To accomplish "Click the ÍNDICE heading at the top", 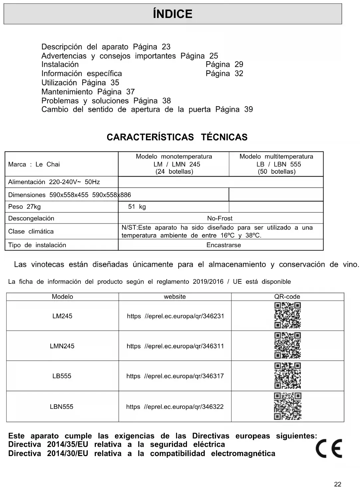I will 172,14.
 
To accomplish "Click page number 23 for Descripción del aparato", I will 166,47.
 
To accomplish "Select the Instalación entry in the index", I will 60,65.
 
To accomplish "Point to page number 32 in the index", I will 239,74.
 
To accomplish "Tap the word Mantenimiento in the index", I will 67,92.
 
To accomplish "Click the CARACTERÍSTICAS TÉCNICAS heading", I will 177,137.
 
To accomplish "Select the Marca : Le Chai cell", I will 34,164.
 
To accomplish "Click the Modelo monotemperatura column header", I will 174,157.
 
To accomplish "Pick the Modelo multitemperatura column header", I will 276,157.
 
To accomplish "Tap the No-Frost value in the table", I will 220,218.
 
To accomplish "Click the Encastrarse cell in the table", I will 224,245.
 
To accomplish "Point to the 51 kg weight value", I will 137,207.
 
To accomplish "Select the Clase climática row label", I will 31,232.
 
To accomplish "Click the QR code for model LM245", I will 287,315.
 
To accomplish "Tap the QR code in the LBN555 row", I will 287,406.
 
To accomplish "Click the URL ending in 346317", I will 175,376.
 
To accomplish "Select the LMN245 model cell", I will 62,346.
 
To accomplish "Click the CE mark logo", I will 329,449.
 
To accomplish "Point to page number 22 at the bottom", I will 338,484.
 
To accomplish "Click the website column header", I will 175,297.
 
